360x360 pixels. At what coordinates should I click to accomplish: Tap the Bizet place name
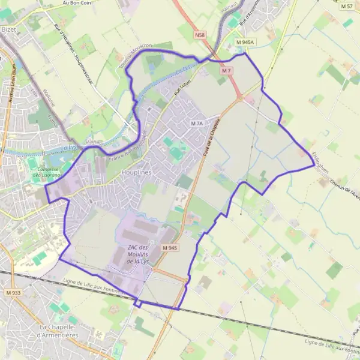pos(9,29)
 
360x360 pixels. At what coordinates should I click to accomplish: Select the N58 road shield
pos(200,36)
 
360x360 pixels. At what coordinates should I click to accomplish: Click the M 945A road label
pos(245,43)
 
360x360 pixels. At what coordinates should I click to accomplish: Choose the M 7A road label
pos(197,123)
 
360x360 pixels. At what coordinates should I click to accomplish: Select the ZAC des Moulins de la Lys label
pos(139,254)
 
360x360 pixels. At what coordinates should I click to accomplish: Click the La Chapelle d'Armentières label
pos(58,330)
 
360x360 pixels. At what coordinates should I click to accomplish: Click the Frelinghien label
pos(320,162)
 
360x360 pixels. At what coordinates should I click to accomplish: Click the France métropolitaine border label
pos(128,146)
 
